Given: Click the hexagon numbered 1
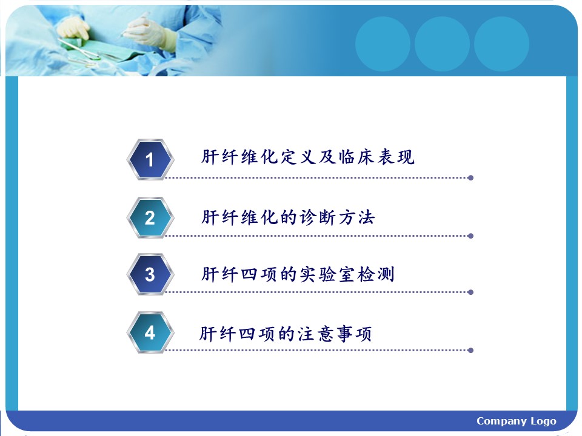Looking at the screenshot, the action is coord(150,159).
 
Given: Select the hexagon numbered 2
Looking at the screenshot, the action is coord(150,217).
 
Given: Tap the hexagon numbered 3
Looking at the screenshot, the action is coord(150,274).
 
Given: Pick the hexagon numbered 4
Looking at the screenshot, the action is coord(150,332).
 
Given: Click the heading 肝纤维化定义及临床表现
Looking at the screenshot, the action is coord(308,157).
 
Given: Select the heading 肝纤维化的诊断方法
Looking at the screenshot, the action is coord(288,217).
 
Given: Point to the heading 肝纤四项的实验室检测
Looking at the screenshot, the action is coord(298,274).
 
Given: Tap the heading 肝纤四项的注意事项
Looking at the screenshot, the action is coord(286,333).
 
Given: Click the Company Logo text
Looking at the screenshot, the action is coord(517,421).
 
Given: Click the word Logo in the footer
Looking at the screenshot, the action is coord(543,421).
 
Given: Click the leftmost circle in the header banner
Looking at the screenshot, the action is coord(383,44).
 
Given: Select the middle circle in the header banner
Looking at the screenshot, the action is coord(442,44).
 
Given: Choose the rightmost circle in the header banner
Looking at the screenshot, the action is coord(501,44).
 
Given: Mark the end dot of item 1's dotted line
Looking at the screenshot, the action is coord(470,178).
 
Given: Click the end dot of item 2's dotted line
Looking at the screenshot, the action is coord(470,236).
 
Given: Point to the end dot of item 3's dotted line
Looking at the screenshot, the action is coord(470,292).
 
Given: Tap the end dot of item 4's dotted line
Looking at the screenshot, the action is coord(470,351).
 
